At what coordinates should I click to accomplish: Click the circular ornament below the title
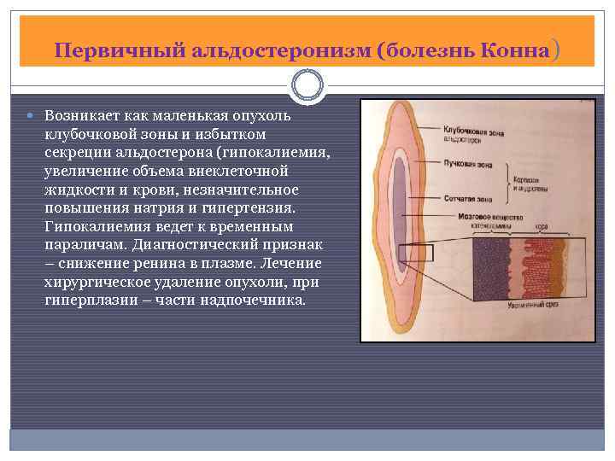coord(307,85)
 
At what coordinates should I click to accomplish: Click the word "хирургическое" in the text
coord(93,283)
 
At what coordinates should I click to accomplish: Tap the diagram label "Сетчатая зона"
coord(467,197)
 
